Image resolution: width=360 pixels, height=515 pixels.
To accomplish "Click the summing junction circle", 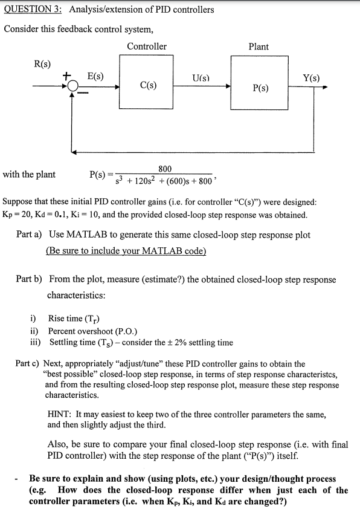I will click(x=73, y=86).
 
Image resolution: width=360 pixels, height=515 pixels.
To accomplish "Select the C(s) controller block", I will click(x=147, y=85).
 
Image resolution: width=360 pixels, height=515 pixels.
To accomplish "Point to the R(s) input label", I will click(x=43, y=64).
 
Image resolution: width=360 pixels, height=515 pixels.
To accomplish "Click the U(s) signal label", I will click(x=201, y=78).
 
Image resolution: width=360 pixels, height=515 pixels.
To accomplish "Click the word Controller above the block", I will click(x=147, y=47).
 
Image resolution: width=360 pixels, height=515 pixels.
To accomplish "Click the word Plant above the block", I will click(x=259, y=47).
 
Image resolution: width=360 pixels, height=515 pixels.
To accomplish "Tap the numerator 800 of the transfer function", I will click(x=165, y=169).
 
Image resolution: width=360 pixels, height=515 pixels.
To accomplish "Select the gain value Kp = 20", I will click(x=19, y=215).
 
